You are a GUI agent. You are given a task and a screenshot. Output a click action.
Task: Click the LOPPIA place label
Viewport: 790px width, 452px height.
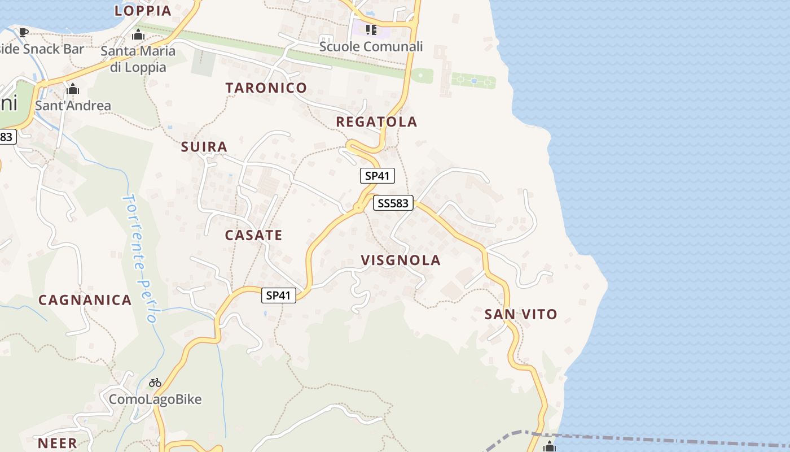pos(143,10)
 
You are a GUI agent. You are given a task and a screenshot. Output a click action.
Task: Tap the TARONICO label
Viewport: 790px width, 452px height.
pos(266,88)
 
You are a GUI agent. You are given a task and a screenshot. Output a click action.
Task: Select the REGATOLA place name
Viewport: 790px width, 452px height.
pos(376,121)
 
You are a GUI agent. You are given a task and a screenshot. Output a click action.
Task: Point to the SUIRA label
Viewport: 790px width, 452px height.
pos(204,147)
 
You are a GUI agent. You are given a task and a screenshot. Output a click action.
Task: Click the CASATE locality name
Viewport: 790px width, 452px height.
pos(253,235)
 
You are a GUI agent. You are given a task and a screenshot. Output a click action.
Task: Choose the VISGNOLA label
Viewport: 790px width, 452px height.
pos(401,260)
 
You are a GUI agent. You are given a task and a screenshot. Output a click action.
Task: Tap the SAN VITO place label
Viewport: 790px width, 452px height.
pos(521,314)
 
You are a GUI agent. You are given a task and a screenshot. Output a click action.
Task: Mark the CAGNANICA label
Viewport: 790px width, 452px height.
pos(85,300)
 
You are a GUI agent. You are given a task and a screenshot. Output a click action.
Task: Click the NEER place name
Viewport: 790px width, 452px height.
pos(57,444)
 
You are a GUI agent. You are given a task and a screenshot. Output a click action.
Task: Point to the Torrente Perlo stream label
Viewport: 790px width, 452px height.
pos(139,258)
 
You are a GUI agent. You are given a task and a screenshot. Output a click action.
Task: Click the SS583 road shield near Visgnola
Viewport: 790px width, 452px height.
pos(393,203)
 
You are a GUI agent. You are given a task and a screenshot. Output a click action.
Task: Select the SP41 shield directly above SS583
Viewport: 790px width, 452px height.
pos(378,176)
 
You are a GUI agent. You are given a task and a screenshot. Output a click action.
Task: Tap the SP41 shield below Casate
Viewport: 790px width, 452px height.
pos(279,295)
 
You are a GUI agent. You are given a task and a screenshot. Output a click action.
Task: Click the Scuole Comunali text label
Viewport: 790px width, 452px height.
pos(371,46)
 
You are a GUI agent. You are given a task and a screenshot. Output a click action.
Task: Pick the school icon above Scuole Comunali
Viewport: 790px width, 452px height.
pos(371,29)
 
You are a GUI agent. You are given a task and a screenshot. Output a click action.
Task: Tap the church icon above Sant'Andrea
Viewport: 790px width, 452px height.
pos(73,89)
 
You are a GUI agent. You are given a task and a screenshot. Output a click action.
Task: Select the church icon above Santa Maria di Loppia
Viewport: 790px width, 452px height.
pos(138,35)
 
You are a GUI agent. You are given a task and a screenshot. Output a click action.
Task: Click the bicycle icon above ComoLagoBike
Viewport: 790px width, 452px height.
pos(155,383)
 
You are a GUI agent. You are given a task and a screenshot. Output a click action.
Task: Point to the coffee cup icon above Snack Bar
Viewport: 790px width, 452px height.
pos(23,32)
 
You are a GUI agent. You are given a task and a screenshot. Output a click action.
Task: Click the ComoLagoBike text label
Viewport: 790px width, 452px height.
pos(155,399)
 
